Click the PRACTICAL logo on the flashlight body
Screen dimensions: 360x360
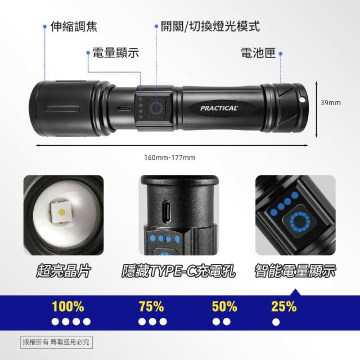[219, 108]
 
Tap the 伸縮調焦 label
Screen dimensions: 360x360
[74, 26]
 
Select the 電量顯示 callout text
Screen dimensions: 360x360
[116, 52]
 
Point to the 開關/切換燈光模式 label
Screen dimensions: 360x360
[210, 26]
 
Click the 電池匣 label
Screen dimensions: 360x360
[258, 53]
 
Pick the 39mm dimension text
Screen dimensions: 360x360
[331, 102]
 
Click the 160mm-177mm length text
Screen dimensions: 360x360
[169, 157]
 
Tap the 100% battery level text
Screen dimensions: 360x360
[68, 306]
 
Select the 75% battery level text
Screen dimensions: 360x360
[151, 306]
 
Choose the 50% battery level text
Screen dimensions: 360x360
[224, 306]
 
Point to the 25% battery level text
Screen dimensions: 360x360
[283, 306]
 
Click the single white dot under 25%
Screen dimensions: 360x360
[276, 322]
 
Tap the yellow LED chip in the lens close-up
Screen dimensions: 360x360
[62, 211]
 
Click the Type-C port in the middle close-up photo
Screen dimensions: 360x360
[167, 211]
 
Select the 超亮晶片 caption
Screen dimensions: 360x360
[64, 271]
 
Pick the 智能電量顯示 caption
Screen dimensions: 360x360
[295, 271]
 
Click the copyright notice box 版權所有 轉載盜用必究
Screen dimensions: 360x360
[56, 342]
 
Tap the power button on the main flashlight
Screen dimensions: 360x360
[156, 107]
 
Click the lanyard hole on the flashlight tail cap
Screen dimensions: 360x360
[303, 100]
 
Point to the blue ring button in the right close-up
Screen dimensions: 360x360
[300, 222]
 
